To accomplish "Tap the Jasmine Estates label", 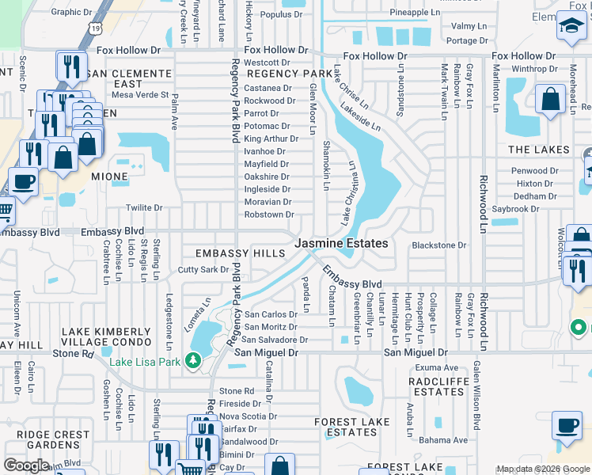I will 342,244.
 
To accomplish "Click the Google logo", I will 25,465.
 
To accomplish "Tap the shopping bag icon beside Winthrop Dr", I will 550,99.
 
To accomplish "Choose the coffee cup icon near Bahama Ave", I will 567,425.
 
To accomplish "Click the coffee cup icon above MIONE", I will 22,181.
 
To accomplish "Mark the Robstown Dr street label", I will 269,215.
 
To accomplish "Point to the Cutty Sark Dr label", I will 203,270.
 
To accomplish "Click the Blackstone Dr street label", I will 439,245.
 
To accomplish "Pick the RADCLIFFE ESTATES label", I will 437,386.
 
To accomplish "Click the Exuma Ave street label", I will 438,368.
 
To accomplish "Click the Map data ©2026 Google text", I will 542,469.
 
